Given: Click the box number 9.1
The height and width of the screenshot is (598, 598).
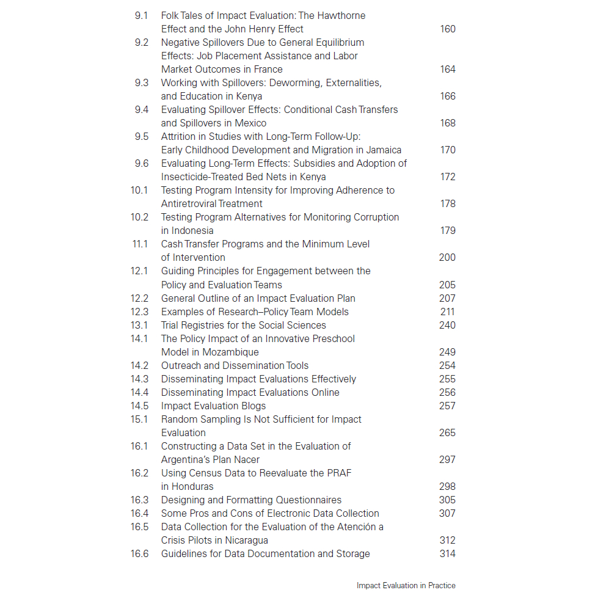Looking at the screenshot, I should pos(141,15).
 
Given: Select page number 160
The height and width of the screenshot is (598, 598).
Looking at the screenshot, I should pos(448,29).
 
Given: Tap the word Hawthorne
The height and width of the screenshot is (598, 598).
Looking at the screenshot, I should pos(340,15).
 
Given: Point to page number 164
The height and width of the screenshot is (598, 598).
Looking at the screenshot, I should pos(448,69).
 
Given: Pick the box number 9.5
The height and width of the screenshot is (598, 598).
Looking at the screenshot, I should pos(141,136).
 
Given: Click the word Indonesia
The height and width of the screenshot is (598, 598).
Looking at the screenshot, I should pos(193,230).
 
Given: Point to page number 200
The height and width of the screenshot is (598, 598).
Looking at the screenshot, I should pos(447,257).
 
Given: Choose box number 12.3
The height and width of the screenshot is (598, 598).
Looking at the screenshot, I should pos(139,312).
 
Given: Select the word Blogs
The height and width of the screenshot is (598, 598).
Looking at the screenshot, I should pos(252,406).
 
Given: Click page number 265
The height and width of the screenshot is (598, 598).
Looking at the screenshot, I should pos(447,432).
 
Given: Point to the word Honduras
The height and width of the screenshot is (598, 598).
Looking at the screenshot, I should pos(193,486).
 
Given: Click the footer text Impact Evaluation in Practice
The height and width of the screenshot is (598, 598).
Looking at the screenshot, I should pos(406,585).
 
